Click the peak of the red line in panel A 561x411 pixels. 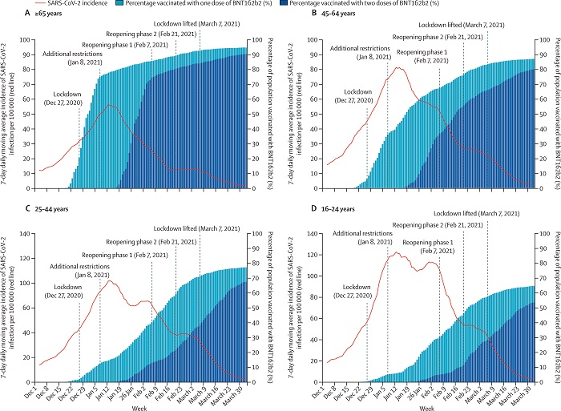pyautogui.click(x=110, y=105)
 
